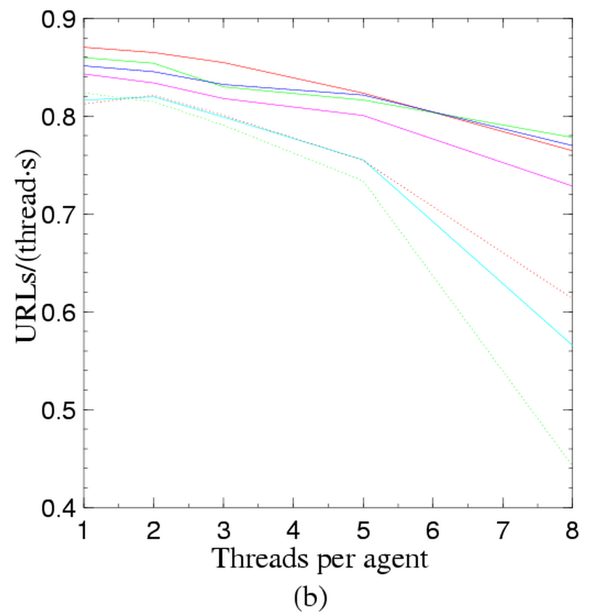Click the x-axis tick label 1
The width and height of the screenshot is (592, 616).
click(84, 532)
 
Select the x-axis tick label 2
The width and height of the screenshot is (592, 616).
click(154, 532)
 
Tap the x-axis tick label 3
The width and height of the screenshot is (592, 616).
click(223, 532)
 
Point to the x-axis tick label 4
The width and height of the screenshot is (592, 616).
click(293, 532)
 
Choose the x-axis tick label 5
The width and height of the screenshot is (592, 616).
click(363, 532)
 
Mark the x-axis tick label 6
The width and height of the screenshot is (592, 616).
click(432, 532)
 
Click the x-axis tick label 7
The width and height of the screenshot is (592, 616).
click(502, 532)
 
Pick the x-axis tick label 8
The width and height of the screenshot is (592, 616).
click(572, 532)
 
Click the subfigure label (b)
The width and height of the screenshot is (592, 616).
click(311, 596)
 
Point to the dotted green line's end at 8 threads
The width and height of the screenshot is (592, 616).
click(572, 463)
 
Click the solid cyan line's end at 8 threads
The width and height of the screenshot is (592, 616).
click(572, 344)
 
